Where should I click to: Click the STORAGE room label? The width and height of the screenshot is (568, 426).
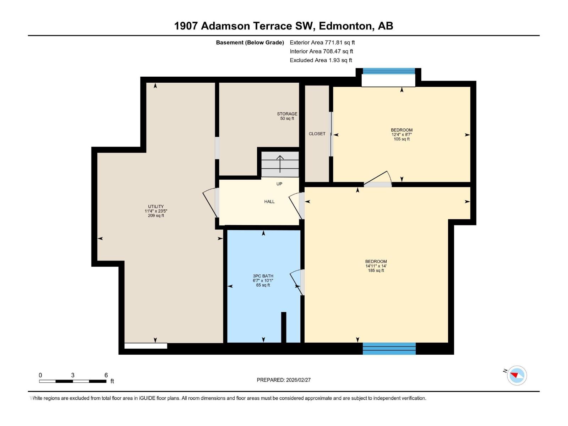coord(287,114)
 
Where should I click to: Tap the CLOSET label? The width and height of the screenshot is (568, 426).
coord(317,134)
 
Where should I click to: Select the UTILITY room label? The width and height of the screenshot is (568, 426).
coord(156,206)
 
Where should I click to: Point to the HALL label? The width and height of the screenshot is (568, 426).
coord(269,202)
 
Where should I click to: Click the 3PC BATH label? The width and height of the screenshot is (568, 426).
coord(263,276)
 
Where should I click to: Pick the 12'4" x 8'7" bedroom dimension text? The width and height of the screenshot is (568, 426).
coord(402,135)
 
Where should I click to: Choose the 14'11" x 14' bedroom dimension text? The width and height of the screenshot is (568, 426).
coord(376,266)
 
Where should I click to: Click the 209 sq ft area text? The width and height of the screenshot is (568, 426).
coord(156,215)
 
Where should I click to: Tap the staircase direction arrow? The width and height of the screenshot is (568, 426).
coord(280,164)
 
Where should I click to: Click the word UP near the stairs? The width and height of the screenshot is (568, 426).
coord(279,184)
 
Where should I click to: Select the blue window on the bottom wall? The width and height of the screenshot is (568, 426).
coord(389,348)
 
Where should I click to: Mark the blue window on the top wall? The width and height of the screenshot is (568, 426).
coord(389,71)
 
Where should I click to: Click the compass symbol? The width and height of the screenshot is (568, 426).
coord(517,375)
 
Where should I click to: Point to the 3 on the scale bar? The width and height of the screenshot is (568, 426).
coord(73,375)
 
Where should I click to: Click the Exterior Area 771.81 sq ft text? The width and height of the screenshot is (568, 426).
coord(322,42)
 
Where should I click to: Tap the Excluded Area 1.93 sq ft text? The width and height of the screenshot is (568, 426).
coord(321,60)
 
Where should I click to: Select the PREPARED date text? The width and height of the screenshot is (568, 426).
coord(284,380)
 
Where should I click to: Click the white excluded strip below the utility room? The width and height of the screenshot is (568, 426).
coord(146,346)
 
